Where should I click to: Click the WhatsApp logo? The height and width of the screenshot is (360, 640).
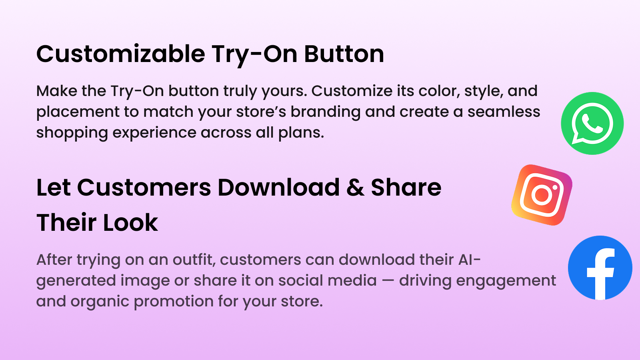tap(592, 123)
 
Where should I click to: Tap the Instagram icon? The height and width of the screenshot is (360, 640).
tap(542, 195)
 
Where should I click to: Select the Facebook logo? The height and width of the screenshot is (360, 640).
tap(600, 268)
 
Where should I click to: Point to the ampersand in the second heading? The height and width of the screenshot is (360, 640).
tap(355, 188)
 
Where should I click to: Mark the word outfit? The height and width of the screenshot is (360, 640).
tap(194, 260)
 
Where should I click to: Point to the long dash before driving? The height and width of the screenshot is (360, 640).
tap(388, 281)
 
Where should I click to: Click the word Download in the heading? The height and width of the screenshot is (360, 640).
tap(278, 188)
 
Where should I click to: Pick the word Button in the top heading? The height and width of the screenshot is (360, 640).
tap(344, 54)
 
